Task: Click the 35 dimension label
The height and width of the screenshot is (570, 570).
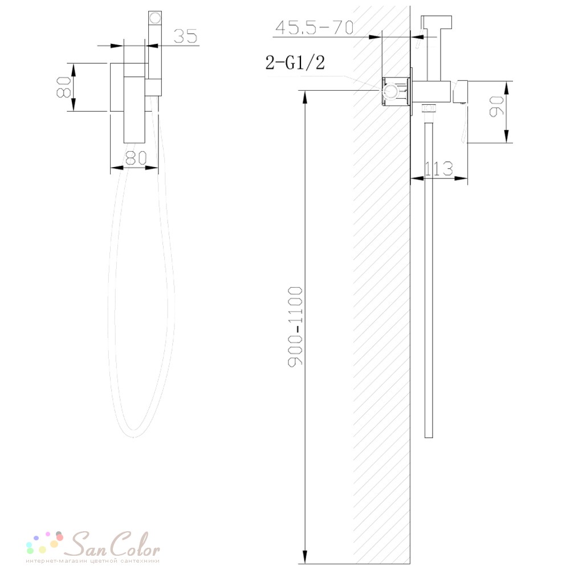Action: point(185,35)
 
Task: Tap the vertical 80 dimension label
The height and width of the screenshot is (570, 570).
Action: point(64,87)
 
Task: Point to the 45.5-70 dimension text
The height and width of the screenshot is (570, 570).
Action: point(314,27)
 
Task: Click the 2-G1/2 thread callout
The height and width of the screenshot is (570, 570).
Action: point(295,62)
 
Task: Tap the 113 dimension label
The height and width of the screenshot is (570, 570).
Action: point(439,169)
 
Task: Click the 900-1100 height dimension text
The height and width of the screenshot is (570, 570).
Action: point(295,327)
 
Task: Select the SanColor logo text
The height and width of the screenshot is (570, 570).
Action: point(114,544)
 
